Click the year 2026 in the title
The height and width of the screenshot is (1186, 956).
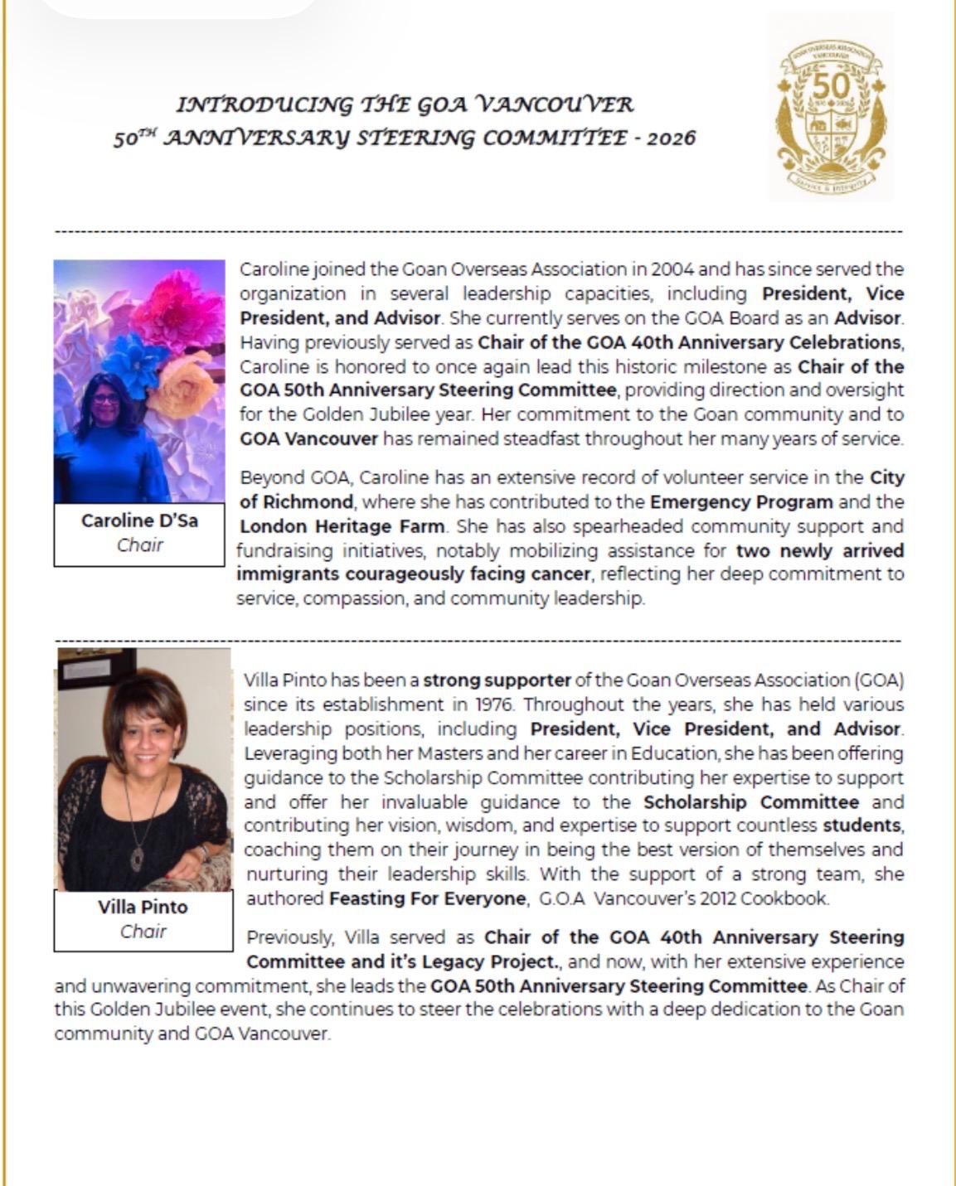point(671,138)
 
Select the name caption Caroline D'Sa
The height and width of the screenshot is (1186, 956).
point(139,520)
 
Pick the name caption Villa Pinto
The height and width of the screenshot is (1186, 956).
point(143,906)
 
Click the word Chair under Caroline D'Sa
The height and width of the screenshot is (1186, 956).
point(139,545)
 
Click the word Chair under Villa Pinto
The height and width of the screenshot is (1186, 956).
point(143,931)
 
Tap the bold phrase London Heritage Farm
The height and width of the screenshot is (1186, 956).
point(342,526)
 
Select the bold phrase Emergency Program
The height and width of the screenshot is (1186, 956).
point(741,502)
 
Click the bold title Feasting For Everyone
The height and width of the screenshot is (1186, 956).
point(427,898)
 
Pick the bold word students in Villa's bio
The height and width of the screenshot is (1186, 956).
point(861,825)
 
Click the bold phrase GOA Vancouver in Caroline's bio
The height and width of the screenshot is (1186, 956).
point(308,438)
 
